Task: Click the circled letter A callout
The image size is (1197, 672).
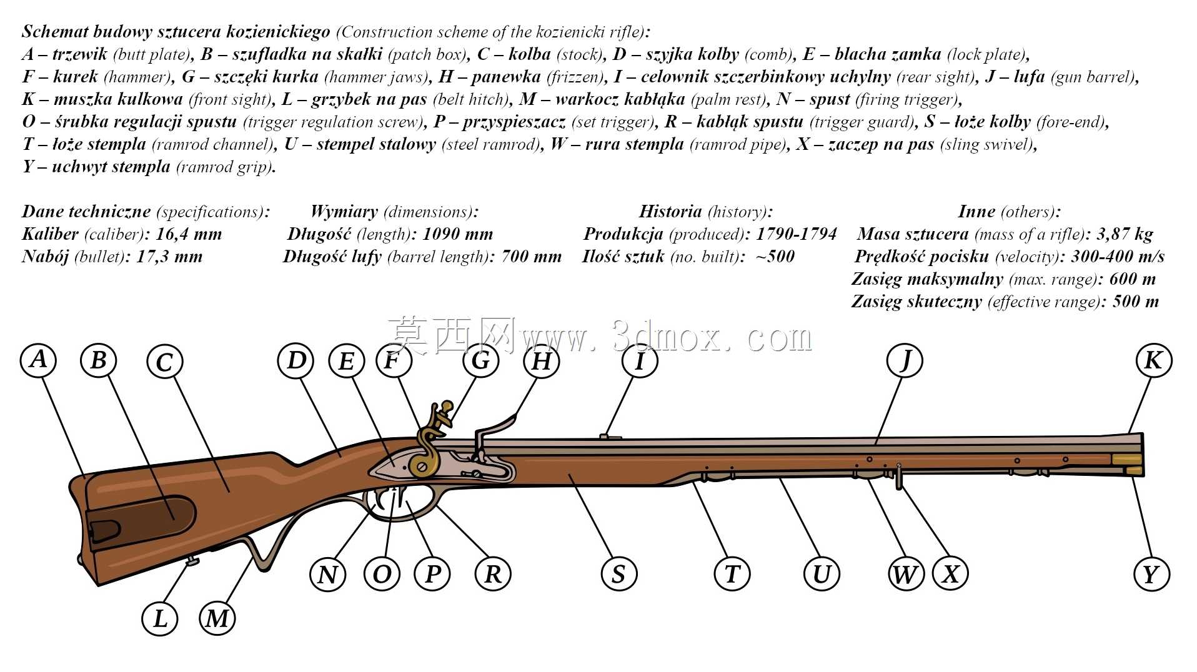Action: point(38,359)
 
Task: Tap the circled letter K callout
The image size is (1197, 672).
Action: point(1153,360)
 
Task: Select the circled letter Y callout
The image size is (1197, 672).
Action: point(1151,574)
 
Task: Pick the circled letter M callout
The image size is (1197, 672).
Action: point(217,618)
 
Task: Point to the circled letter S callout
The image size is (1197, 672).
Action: point(618,574)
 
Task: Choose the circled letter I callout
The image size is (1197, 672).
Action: point(640,360)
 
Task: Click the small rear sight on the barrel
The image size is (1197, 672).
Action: point(610,436)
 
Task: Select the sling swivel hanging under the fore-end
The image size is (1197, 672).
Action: point(898,476)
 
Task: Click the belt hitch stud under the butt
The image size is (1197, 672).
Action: point(192,561)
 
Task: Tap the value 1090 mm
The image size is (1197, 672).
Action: point(458,234)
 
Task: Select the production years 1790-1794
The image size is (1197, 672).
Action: point(797,234)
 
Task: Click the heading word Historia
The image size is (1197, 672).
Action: point(670,212)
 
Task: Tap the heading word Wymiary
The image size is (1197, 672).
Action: point(344,212)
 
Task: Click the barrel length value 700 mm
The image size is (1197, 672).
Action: point(531,257)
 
